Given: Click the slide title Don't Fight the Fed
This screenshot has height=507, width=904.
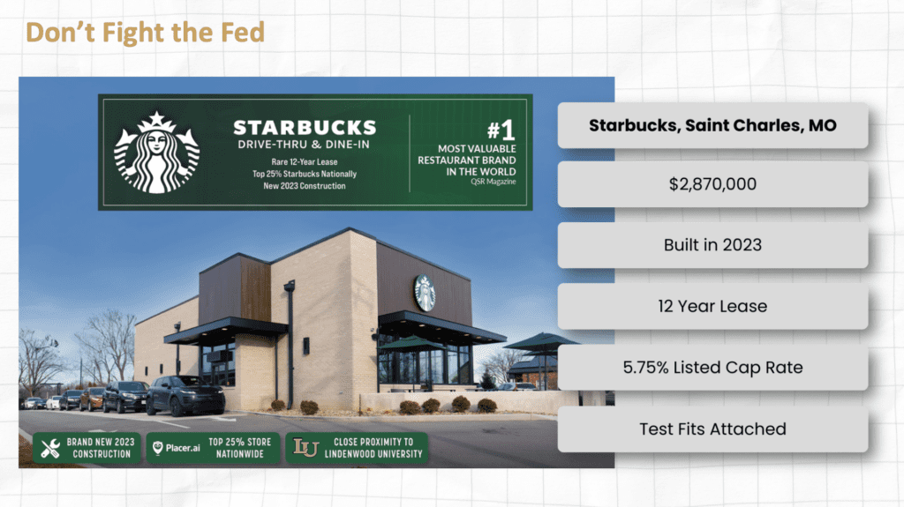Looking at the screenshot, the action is [146, 33].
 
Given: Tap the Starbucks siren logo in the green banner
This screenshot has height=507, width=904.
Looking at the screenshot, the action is [156, 153].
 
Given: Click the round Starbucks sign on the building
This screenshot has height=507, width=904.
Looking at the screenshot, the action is [425, 293].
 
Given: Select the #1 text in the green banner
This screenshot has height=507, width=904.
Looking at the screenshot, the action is [501, 130].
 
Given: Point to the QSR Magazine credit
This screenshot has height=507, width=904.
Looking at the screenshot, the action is [493, 182].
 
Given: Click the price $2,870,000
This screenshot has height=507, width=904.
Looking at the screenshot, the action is [712, 184].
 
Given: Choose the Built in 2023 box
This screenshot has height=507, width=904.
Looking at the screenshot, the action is [712, 245].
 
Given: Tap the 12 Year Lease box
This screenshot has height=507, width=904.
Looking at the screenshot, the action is [712, 307].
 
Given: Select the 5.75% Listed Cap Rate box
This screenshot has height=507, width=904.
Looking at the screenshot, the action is [712, 368].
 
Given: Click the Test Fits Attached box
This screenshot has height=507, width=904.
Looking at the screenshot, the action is [712, 429].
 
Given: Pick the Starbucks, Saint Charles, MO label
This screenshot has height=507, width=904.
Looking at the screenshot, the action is [712, 125].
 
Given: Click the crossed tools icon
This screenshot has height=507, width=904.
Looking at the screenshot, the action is [50, 448].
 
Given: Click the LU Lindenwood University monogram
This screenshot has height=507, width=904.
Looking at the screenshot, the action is [305, 448].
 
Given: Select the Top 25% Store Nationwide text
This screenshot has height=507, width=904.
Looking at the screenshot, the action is [240, 448].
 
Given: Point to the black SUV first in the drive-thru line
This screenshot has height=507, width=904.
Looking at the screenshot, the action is [185, 395].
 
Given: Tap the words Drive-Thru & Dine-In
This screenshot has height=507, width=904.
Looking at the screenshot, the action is [304, 145].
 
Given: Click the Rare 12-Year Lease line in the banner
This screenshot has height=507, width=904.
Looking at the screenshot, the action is [305, 162].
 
